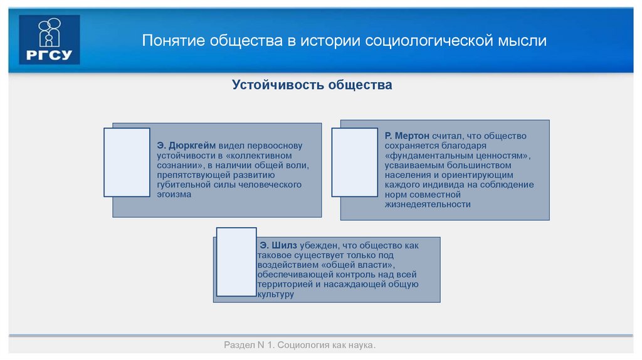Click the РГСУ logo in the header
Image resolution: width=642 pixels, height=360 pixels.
coord(50,40)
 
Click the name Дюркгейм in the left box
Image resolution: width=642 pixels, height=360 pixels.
coord(194,146)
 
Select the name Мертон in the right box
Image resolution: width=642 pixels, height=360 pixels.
coord(412,136)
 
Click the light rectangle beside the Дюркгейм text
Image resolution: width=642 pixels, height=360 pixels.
coord(127,162)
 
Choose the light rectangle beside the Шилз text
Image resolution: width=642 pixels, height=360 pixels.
coord(236,262)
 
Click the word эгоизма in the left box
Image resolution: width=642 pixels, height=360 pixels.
coord(174,194)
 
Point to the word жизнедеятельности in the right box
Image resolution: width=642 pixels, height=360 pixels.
coord(428,204)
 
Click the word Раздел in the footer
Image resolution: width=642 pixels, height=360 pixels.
coord(238,346)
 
